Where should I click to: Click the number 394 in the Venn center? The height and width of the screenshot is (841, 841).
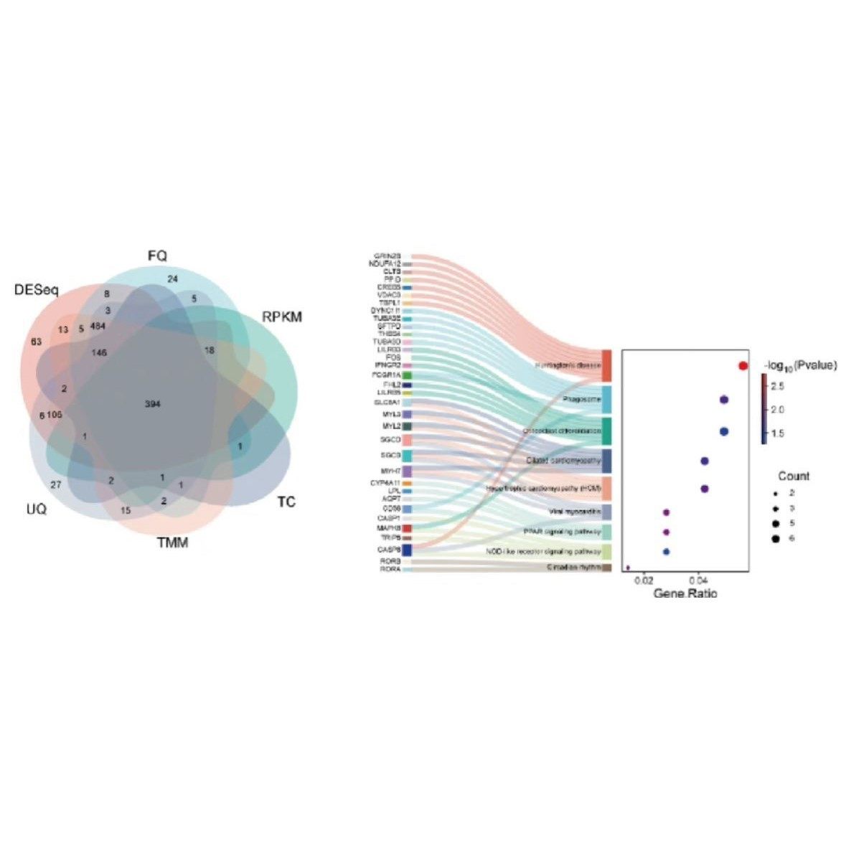click(152, 404)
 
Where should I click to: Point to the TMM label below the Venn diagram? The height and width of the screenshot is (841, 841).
click(172, 542)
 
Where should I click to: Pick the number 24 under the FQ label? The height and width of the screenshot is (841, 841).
click(172, 278)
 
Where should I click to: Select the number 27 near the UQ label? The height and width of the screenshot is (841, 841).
click(56, 484)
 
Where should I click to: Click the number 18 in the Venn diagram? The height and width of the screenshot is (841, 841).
click(209, 350)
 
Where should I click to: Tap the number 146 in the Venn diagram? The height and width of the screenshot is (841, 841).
click(99, 352)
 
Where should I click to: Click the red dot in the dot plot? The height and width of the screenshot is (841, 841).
click(743, 366)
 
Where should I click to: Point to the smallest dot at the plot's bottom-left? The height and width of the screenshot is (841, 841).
click(628, 568)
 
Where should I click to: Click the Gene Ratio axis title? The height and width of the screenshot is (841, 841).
click(685, 593)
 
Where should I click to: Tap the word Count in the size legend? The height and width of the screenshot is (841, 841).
click(794, 476)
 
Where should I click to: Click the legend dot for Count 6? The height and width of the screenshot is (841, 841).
click(775, 537)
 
